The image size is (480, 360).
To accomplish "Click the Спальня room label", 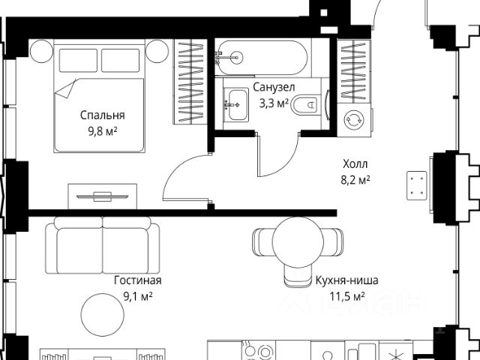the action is (x=103, y=115).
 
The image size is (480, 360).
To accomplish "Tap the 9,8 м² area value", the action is (x=103, y=132).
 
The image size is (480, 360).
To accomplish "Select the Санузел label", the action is (x=274, y=87).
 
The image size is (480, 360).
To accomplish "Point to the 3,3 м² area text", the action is (x=274, y=103).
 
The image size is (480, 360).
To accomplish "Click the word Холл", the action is (x=355, y=164).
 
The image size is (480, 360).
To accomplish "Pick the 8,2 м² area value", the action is (x=355, y=180).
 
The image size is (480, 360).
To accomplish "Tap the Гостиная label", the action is (x=138, y=280).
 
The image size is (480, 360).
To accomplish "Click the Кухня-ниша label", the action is (x=346, y=280).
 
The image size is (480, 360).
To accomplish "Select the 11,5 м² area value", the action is (x=346, y=296).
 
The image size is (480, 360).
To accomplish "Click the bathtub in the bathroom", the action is (x=262, y=58).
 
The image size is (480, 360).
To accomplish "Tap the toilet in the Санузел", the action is (x=305, y=105).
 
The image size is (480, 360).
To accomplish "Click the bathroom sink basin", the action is (x=235, y=104).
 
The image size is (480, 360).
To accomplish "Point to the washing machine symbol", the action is (x=353, y=120).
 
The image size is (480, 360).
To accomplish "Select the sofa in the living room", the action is (x=103, y=245).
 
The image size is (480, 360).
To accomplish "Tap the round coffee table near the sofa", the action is (x=103, y=315).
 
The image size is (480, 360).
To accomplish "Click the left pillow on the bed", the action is (x=78, y=61).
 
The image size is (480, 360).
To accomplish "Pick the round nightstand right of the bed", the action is (x=157, y=51).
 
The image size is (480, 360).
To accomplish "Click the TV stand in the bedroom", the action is (x=102, y=196).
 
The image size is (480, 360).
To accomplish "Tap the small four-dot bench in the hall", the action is (x=417, y=186).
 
